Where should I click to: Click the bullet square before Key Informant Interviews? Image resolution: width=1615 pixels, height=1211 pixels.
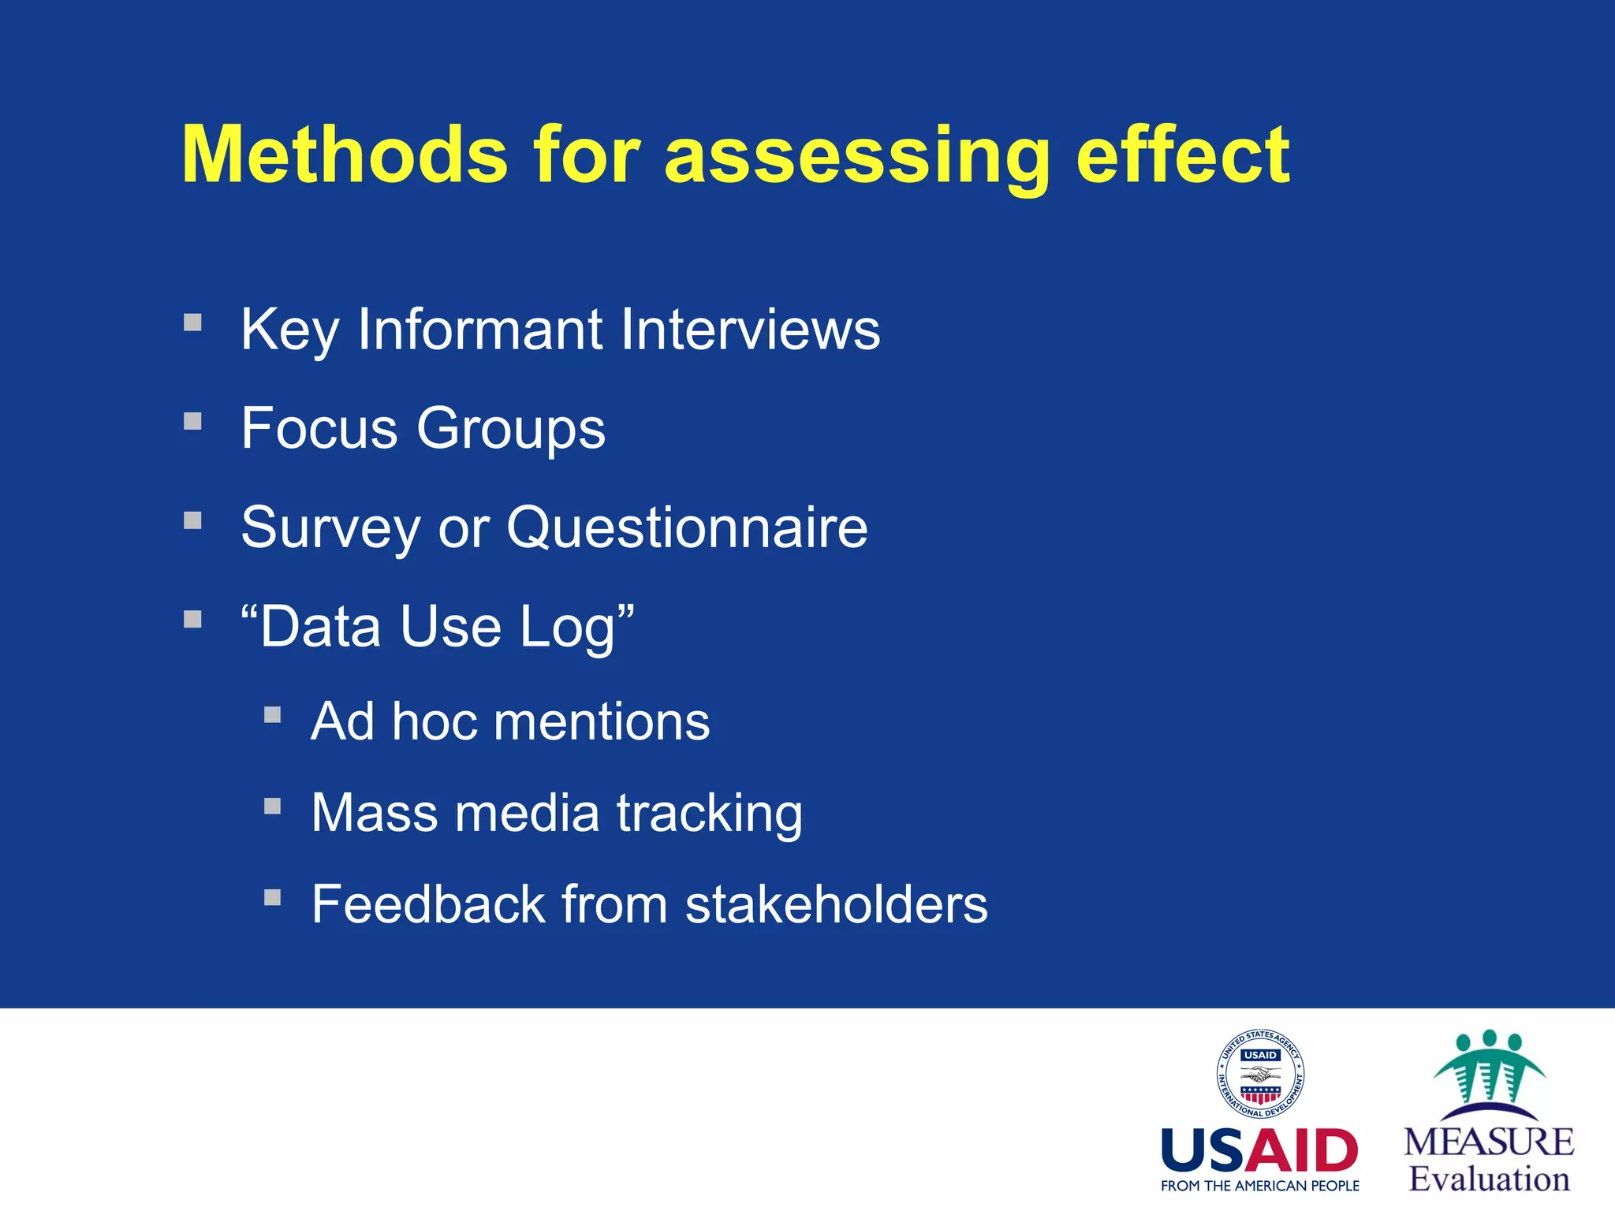(x=192, y=322)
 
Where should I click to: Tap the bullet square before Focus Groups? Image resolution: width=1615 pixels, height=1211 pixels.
(x=192, y=421)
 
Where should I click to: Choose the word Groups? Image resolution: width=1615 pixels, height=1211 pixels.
(x=511, y=429)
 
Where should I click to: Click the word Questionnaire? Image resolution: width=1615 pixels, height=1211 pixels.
(x=687, y=527)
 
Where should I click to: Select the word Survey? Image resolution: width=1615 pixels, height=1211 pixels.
(x=330, y=529)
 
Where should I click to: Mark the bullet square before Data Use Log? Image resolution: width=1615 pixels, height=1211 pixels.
(x=192, y=619)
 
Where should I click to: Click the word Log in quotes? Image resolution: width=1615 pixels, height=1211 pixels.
(x=567, y=628)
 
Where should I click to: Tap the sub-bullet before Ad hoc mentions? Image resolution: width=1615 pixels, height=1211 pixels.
(x=272, y=714)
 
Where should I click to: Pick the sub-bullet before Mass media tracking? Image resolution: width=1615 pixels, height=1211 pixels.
(x=272, y=806)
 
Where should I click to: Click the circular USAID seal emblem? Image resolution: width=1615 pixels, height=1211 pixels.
(x=1259, y=1074)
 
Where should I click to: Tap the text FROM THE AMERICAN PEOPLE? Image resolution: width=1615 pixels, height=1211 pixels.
(x=1259, y=1186)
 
